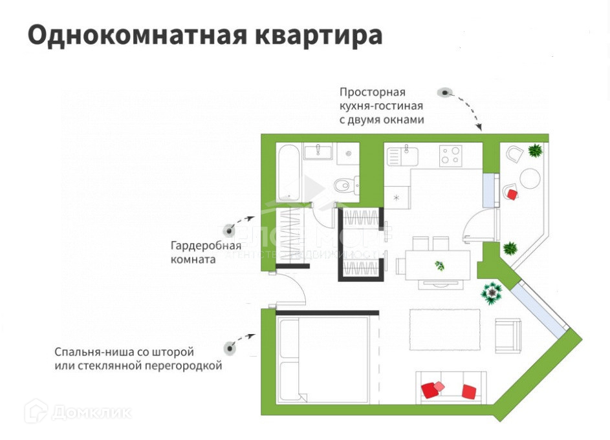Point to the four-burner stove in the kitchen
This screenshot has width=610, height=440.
(451, 155)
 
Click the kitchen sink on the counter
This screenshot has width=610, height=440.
(402, 156)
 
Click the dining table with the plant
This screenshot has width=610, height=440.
(438, 265)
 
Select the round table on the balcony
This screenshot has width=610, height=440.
(530, 178)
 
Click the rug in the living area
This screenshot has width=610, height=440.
(444, 330)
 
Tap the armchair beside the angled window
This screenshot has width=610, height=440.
(508, 335)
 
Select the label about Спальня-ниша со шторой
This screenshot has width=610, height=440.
(138, 359)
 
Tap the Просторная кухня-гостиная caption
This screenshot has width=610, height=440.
(382, 105)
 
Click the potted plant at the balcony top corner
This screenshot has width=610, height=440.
(535, 151)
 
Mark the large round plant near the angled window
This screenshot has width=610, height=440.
(492, 293)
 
